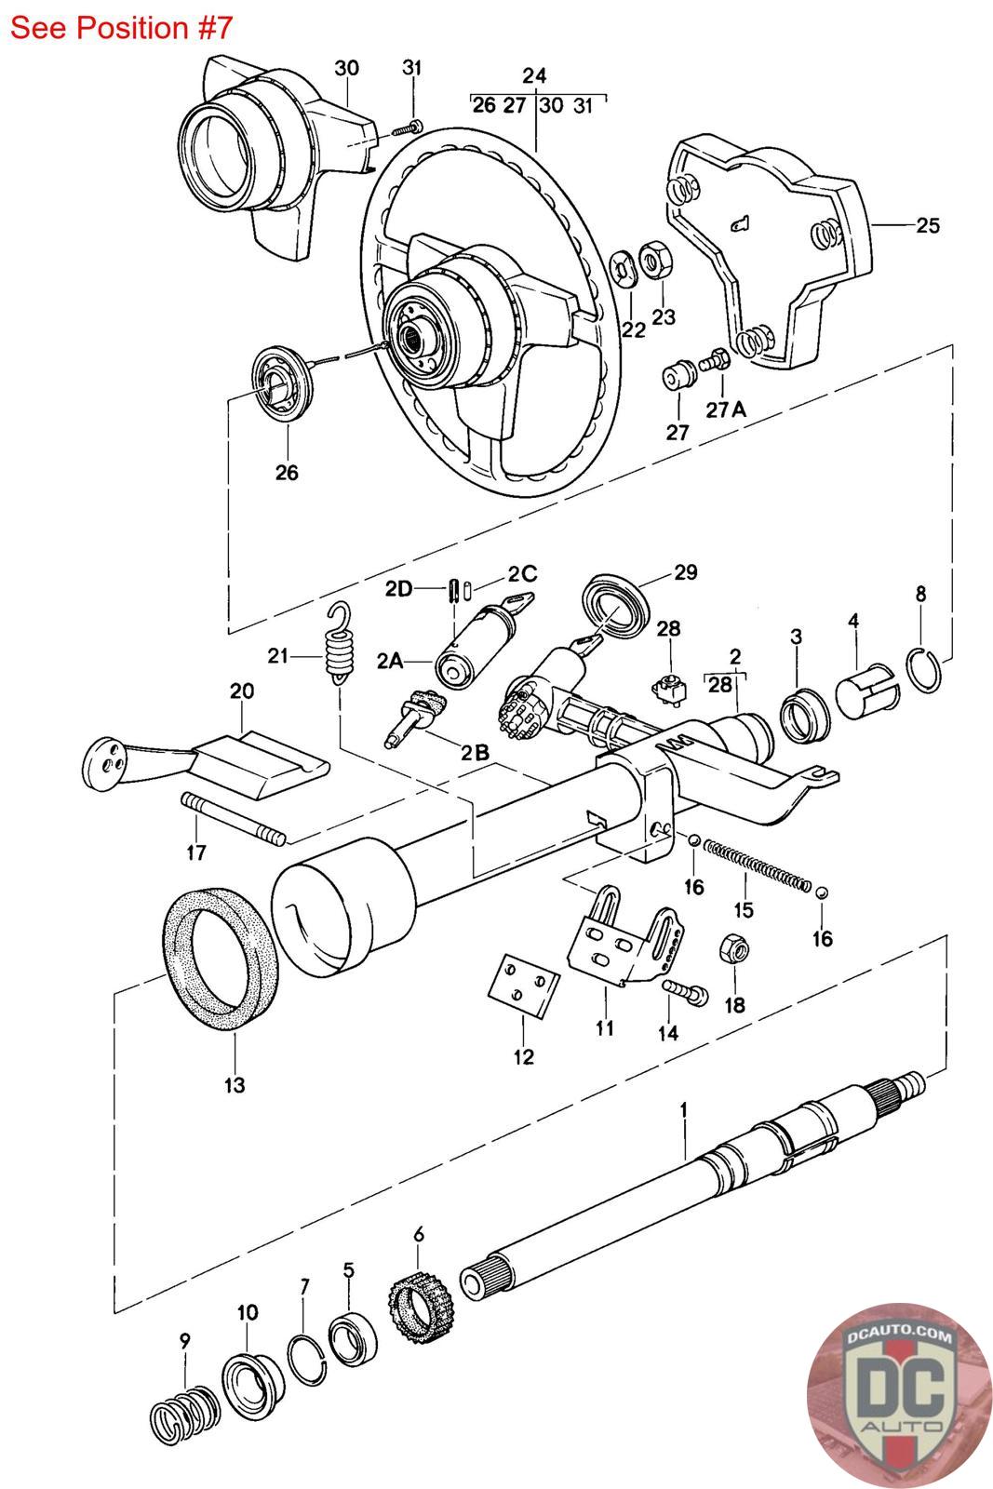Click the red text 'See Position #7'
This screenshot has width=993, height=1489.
pyautogui.click(x=121, y=28)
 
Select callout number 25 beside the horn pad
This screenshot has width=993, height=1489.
pyautogui.click(x=928, y=225)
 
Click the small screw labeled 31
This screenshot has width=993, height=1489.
pyautogui.click(x=406, y=128)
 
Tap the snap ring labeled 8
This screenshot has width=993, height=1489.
pyautogui.click(x=924, y=669)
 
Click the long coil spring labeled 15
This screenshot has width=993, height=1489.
pyautogui.click(x=757, y=865)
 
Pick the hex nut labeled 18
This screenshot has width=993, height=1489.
pyautogui.click(x=734, y=947)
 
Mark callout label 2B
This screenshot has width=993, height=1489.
pyautogui.click(x=476, y=752)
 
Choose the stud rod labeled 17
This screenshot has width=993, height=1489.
pyautogui.click(x=233, y=819)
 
